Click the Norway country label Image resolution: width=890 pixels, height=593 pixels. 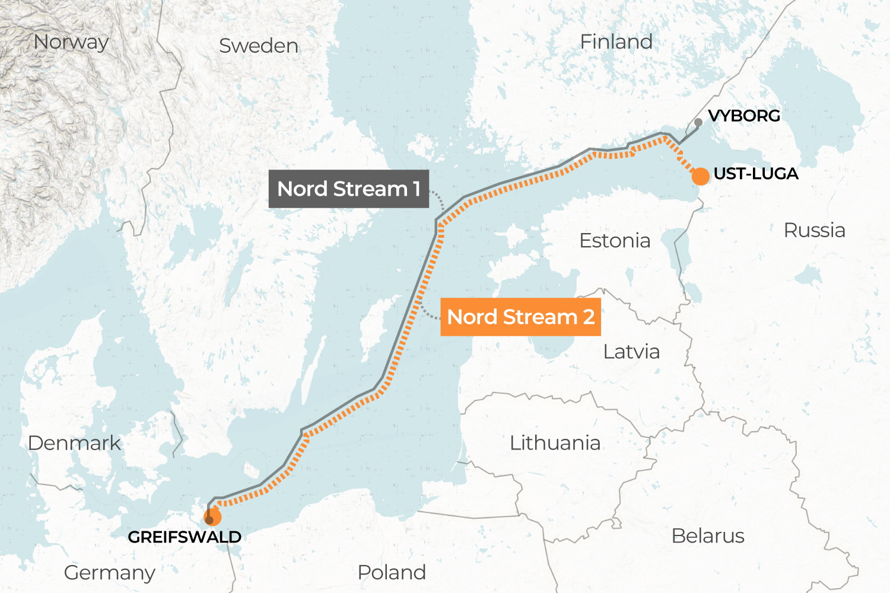coord(71,42)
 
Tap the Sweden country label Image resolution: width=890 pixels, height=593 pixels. coord(258,46)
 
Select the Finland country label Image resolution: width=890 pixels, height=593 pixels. coord(616,42)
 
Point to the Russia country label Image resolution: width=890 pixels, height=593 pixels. coord(814,230)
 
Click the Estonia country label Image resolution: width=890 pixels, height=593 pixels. coord(615,241)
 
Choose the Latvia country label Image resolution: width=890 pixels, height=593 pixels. coord(631,352)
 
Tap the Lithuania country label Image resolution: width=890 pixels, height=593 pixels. coord(555,443)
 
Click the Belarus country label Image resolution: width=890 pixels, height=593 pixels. coord(707,536)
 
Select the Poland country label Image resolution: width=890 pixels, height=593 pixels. coord(392,572)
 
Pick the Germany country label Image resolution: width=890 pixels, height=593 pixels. coord(109,573)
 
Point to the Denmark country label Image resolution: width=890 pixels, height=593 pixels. coord(74,443)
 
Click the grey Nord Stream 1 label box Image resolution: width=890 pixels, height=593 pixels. coord(348,189)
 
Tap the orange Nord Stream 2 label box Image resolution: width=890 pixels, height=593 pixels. coord(520,317)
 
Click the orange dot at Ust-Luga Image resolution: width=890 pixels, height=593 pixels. coord(700,176)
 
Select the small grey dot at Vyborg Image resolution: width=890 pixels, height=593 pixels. coord(698,122)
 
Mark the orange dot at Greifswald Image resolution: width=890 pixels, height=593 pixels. coord(212,517)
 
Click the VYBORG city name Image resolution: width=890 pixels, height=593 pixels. coord(744,116)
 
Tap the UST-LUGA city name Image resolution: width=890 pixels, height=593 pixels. coord(755,174)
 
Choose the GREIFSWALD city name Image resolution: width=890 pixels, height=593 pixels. coord(185,537)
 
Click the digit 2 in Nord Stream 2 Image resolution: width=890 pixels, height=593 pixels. coord(589,317)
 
